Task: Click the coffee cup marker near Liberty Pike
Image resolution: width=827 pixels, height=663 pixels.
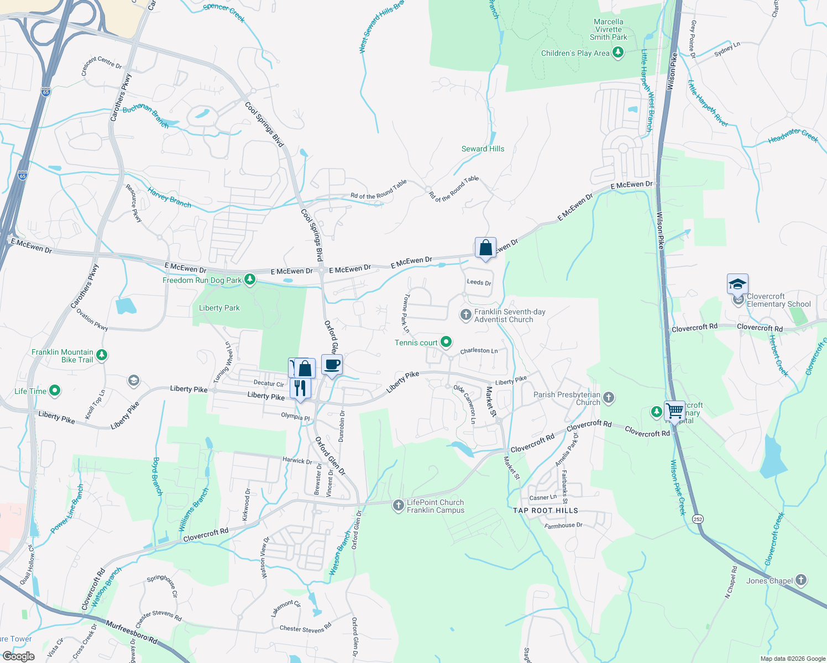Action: coord(332,365)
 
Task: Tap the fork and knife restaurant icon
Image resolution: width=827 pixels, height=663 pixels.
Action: coord(300,388)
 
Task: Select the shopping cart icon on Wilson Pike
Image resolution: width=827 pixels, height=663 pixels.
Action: coord(674,412)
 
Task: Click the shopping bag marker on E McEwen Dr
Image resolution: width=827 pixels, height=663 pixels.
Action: coord(485,249)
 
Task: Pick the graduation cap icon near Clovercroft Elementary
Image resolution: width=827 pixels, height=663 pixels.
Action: coord(737,285)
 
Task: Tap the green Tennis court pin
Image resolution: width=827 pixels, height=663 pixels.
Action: coord(446,343)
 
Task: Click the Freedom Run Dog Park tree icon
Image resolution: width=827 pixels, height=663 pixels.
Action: coord(250,280)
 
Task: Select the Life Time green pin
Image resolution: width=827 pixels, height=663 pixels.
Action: coord(54,391)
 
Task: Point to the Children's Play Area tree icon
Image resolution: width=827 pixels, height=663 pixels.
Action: coord(618,53)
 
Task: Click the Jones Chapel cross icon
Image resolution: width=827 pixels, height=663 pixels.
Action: coord(801,581)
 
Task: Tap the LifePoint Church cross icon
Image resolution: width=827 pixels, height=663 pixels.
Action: coord(399,506)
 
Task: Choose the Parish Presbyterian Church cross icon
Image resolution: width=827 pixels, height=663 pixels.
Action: coord(608,397)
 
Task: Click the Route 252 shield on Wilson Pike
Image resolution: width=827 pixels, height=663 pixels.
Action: coord(698,519)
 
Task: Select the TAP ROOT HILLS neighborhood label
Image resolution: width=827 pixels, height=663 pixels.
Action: coord(545,511)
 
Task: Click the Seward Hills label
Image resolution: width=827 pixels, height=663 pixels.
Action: coord(483,149)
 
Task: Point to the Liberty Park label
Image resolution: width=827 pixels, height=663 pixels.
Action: coord(219,308)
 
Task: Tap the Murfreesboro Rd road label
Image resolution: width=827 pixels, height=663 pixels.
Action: coord(131,633)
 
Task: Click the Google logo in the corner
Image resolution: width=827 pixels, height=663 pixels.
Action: coord(18,656)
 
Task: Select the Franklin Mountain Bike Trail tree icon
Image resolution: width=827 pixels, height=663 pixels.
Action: coord(102,355)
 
